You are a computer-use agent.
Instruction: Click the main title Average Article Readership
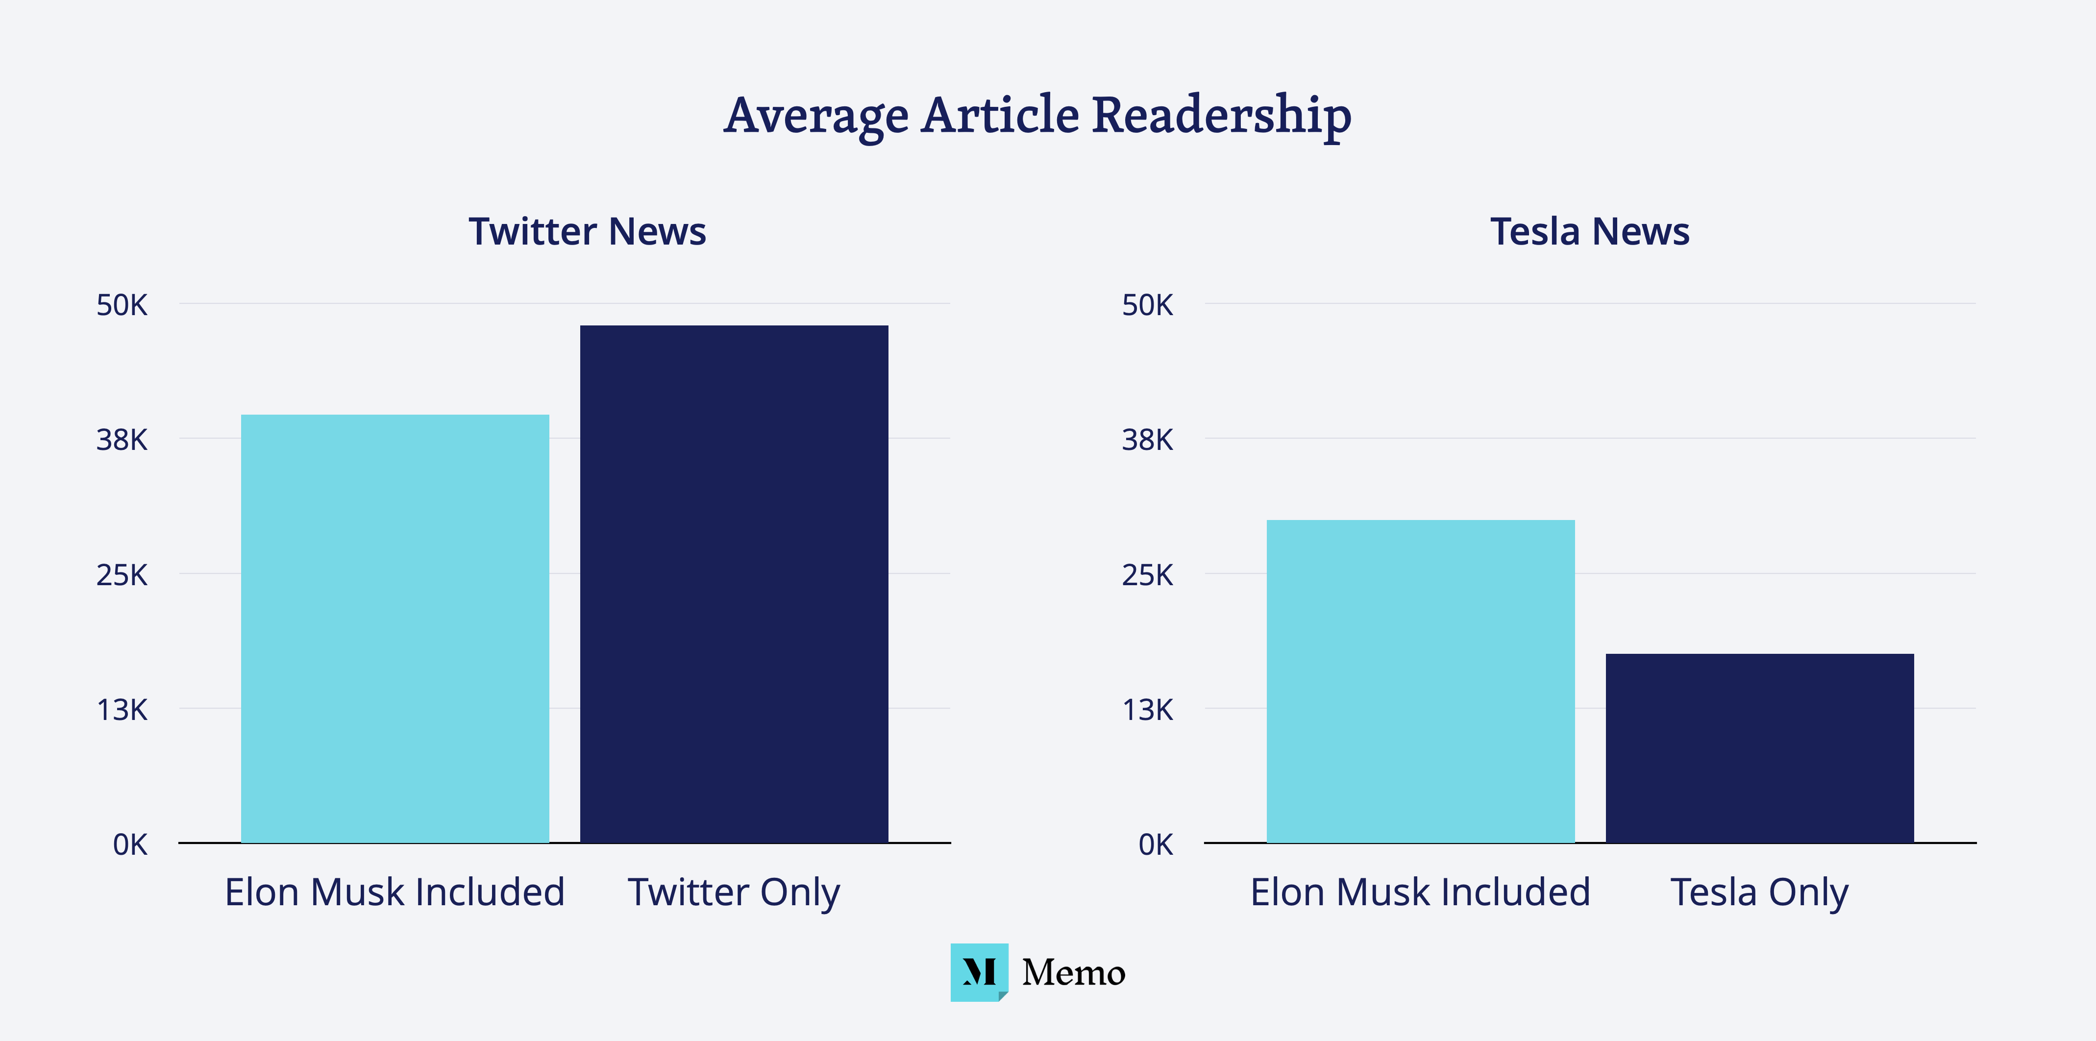1037,116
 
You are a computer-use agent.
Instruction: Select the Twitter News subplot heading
587,232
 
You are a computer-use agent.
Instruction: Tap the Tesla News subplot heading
1589,232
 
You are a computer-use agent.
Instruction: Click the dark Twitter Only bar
734,584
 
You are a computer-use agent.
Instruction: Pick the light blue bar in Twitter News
395,628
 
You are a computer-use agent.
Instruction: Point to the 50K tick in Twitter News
122,305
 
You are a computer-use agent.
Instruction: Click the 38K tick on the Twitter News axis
122,440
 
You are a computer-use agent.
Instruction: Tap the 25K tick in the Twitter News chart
122,575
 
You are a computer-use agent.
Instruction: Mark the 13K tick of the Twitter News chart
122,710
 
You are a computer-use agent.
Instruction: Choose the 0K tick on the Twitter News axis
130,845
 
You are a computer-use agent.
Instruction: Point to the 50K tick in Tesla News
1147,305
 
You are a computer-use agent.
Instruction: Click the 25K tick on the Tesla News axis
1147,575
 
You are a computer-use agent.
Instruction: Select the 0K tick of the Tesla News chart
1156,845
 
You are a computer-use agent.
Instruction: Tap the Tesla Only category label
1759,892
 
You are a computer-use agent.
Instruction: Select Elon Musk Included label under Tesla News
1420,892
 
